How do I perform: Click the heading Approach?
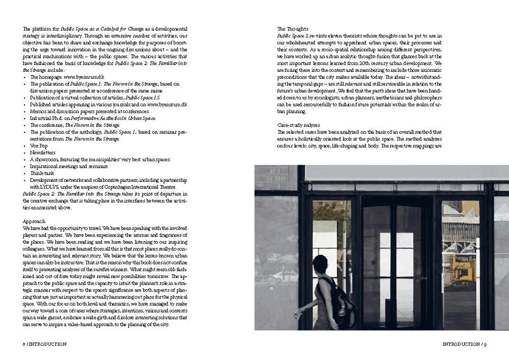pos(32,221)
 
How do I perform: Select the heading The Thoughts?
pos(292,28)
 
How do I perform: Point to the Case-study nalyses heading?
pos(299,125)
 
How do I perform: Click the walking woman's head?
pos(320,264)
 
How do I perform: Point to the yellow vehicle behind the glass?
pos(462,272)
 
